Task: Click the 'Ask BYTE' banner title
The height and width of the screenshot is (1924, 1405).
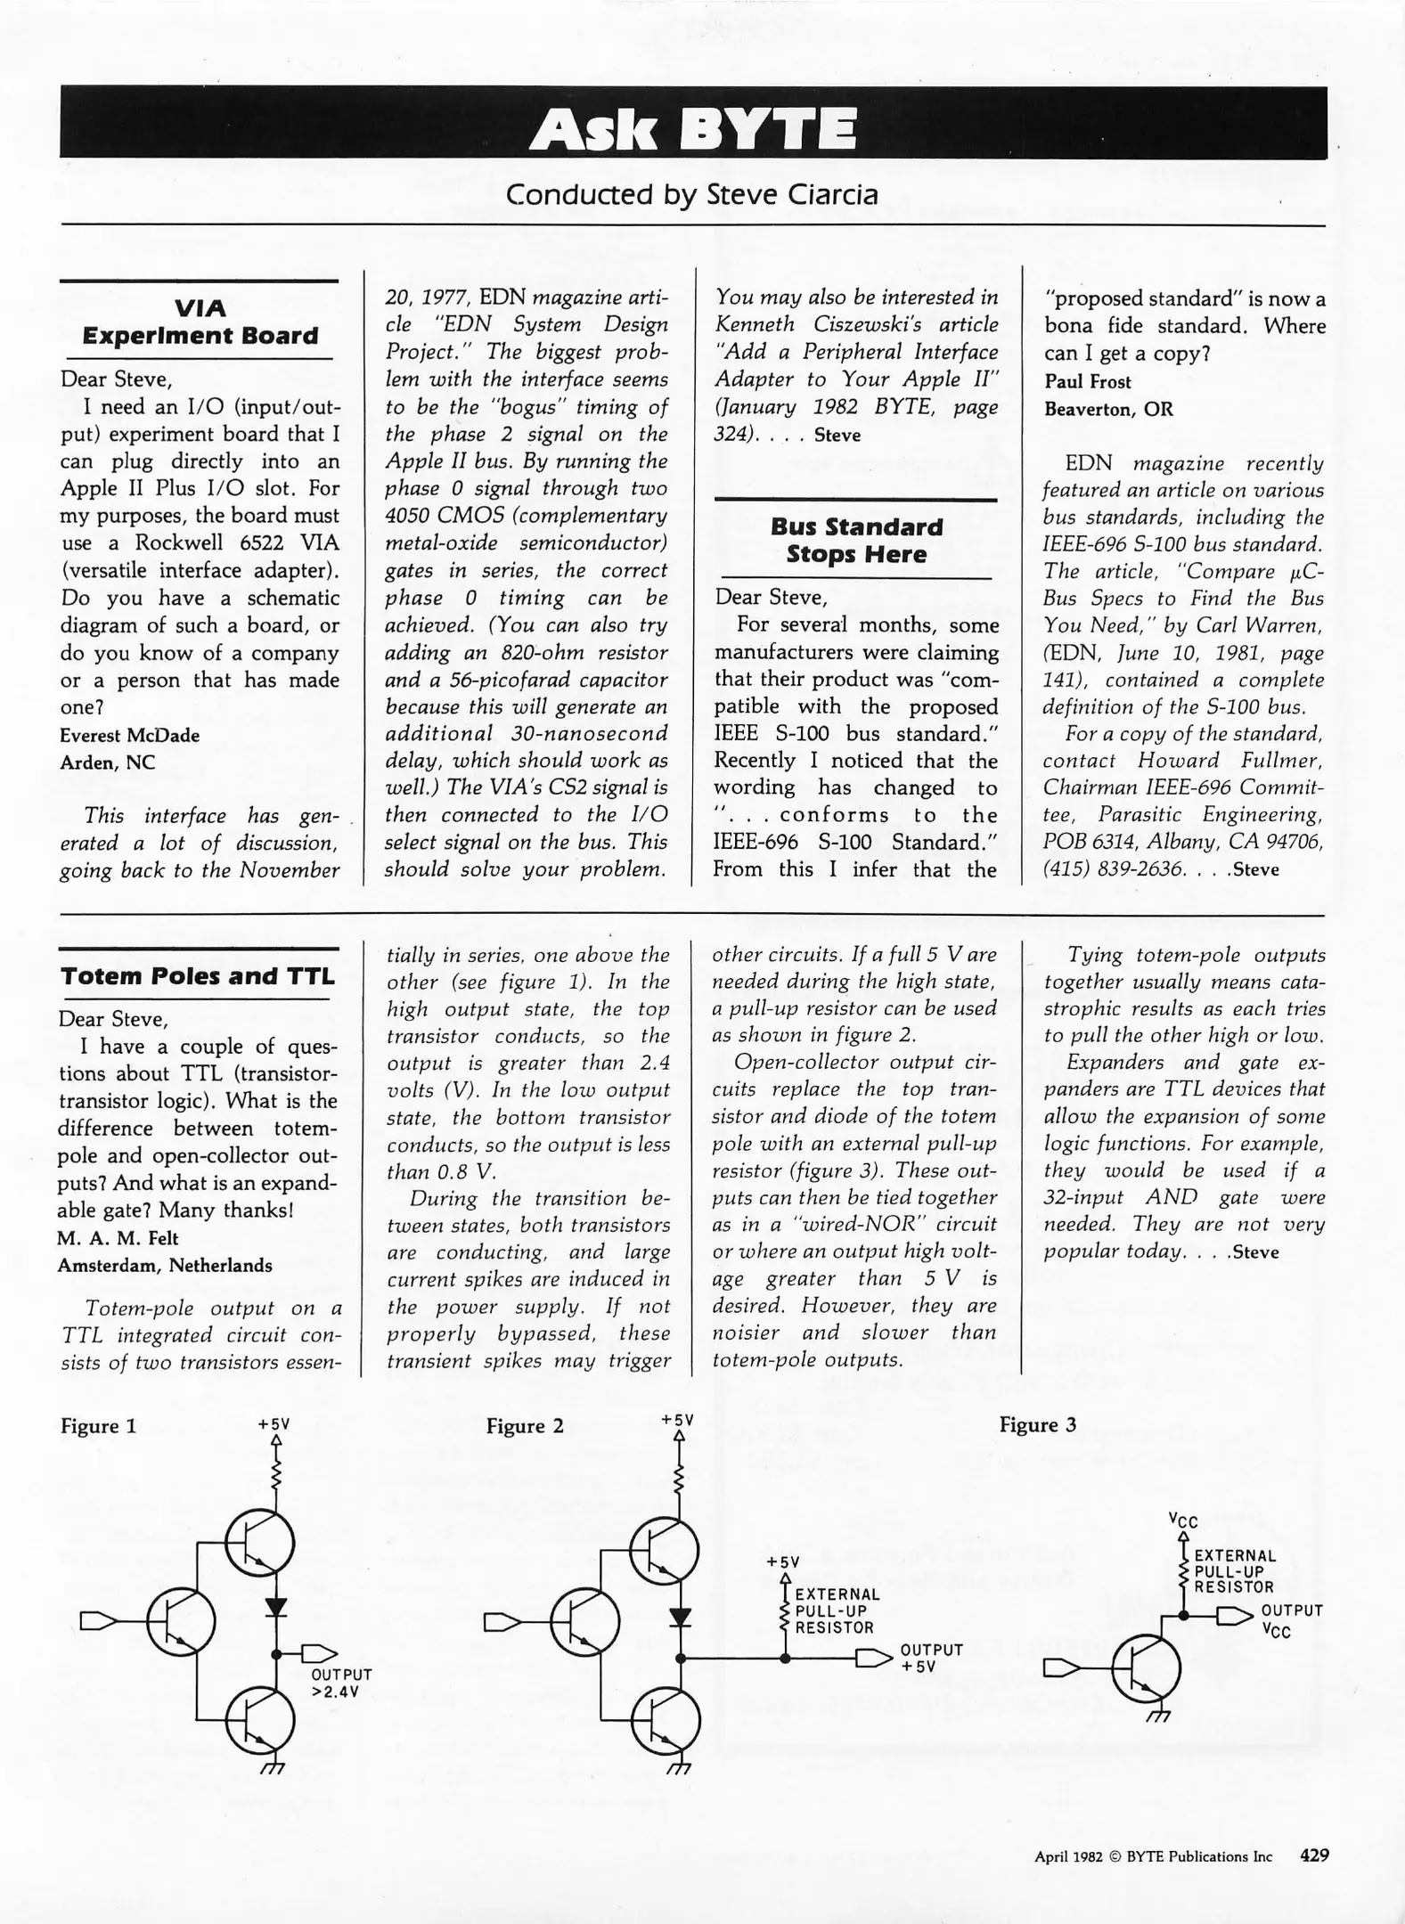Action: pos(692,126)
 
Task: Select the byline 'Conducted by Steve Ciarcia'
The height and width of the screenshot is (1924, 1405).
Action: pos(691,193)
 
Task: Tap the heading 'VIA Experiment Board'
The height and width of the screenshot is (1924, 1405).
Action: pos(200,322)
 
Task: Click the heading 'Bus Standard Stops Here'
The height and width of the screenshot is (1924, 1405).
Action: pos(855,540)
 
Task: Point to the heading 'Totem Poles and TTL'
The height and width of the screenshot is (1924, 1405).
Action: pos(198,976)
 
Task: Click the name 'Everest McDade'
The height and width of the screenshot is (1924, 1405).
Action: pos(130,735)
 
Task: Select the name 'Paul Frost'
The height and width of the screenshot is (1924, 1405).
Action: pos(1087,381)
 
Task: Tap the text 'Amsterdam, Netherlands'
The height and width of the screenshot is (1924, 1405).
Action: pos(165,1265)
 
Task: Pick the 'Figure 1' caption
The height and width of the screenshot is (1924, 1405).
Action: pos(98,1426)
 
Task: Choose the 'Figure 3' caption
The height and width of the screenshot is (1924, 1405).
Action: pos(1037,1425)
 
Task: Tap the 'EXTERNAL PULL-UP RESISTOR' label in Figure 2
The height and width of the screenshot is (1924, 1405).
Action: pos(836,1610)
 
